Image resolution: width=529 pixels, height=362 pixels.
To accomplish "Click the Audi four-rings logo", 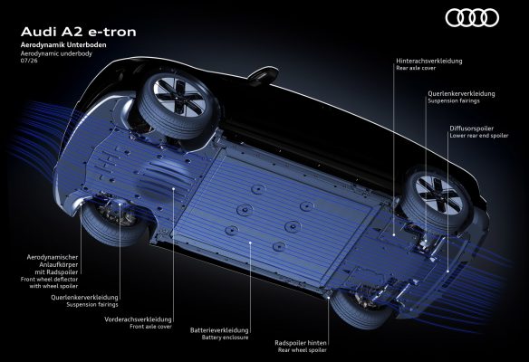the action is click(x=472, y=17).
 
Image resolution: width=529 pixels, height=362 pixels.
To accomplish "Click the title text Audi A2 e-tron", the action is click(x=78, y=32).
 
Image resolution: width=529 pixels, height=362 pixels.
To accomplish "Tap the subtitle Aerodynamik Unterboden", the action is click(x=63, y=45).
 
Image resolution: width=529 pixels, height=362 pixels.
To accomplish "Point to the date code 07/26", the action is click(x=29, y=61).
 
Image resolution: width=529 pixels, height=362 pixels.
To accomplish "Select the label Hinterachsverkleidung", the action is click(x=429, y=61).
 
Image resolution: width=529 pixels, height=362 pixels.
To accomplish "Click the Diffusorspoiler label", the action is click(x=471, y=129).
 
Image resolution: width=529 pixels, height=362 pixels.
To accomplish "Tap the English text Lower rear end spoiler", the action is click(x=479, y=136).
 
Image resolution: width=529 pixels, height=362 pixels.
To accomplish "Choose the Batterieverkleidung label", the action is click(x=219, y=330).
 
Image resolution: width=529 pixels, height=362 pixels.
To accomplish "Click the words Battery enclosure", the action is click(x=225, y=337).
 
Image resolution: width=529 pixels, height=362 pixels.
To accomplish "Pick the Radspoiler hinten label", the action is click(x=301, y=343).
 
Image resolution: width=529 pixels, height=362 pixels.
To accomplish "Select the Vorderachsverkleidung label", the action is click(x=138, y=319).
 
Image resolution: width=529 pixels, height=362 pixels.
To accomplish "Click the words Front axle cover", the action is click(x=150, y=327).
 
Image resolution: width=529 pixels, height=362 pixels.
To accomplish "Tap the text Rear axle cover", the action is click(x=416, y=68).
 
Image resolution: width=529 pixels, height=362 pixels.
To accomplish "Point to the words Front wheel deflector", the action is click(x=49, y=279).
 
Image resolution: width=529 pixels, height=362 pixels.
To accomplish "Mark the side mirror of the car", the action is click(x=264, y=74).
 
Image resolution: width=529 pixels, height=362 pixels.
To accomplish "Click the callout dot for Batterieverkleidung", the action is click(x=250, y=243).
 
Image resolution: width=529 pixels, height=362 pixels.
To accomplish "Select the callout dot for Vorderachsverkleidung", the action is click(x=173, y=189).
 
